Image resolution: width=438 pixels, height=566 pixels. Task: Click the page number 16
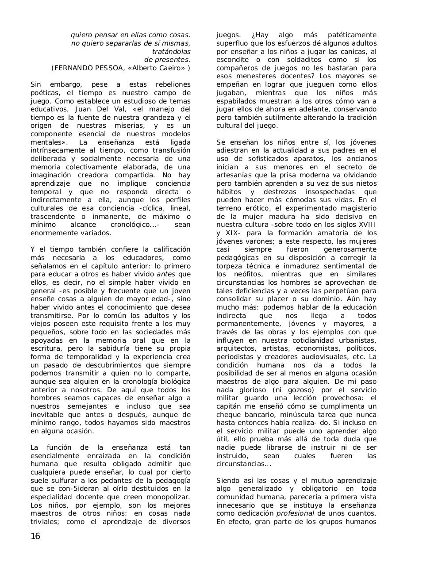coord(35,536)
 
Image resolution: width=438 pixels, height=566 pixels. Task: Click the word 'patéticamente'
coord(352,35)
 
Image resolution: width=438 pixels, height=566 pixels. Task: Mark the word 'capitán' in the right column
coord(230,406)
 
